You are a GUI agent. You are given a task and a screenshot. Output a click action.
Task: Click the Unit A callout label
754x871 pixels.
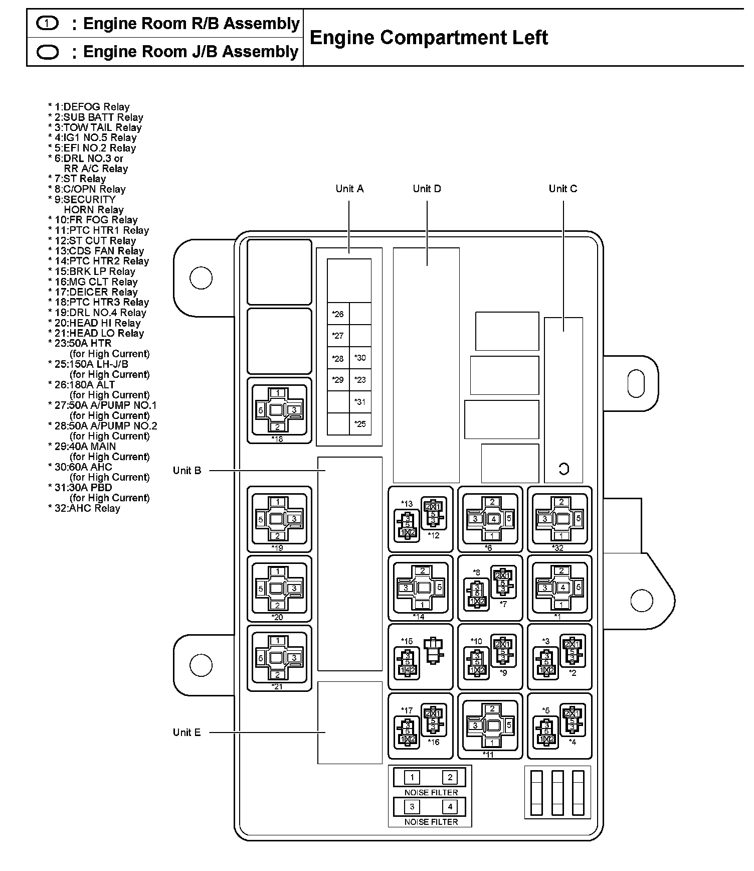(x=349, y=189)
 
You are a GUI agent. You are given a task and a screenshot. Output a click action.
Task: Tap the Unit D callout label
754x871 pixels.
(x=427, y=189)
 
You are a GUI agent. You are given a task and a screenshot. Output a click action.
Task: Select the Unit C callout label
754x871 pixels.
(x=562, y=189)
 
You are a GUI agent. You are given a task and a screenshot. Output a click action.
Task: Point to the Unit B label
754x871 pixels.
(x=187, y=471)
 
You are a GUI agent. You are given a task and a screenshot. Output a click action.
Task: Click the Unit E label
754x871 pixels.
(x=186, y=733)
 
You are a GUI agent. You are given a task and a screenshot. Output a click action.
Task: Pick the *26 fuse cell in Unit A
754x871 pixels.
(x=338, y=314)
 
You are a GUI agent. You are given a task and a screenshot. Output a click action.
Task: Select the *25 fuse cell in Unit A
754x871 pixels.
(x=360, y=424)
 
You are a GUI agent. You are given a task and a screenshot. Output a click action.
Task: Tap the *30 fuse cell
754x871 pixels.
(x=360, y=358)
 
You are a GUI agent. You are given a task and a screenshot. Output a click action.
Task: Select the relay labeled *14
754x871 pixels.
(x=421, y=587)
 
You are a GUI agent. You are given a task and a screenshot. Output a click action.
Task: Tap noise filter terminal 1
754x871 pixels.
(x=412, y=778)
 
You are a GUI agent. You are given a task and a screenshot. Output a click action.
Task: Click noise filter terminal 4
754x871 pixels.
(x=450, y=807)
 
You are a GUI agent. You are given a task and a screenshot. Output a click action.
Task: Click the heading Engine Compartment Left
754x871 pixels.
(x=429, y=38)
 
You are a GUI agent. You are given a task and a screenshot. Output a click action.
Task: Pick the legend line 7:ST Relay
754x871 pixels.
(x=77, y=179)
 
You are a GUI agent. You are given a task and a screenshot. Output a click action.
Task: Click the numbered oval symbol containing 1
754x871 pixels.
(x=48, y=23)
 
